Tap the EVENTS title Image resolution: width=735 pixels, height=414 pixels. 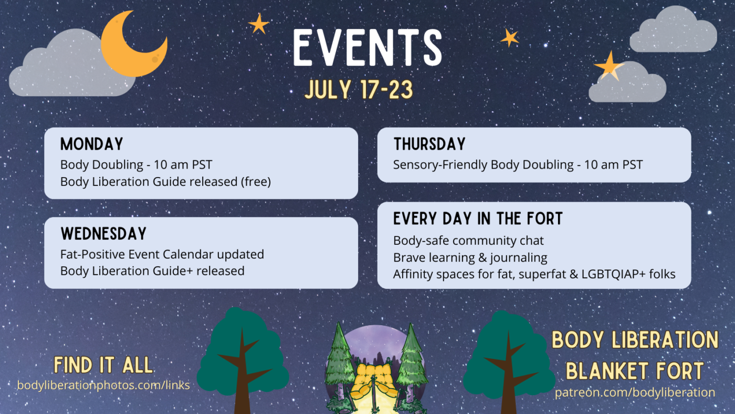367,48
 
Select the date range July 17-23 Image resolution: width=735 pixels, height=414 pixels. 359,89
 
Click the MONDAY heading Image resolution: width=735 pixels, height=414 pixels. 91,144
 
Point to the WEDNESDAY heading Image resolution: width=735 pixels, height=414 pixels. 103,233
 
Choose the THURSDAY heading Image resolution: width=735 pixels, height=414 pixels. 429,144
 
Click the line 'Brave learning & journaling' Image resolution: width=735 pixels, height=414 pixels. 470,257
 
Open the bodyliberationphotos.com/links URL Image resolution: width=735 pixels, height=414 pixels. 103,385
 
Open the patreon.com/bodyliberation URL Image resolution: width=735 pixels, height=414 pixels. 635,392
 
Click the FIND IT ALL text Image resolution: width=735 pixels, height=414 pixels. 103,365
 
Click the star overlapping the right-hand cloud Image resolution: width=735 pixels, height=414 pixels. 610,67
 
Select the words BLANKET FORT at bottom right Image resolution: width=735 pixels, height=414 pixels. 635,370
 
